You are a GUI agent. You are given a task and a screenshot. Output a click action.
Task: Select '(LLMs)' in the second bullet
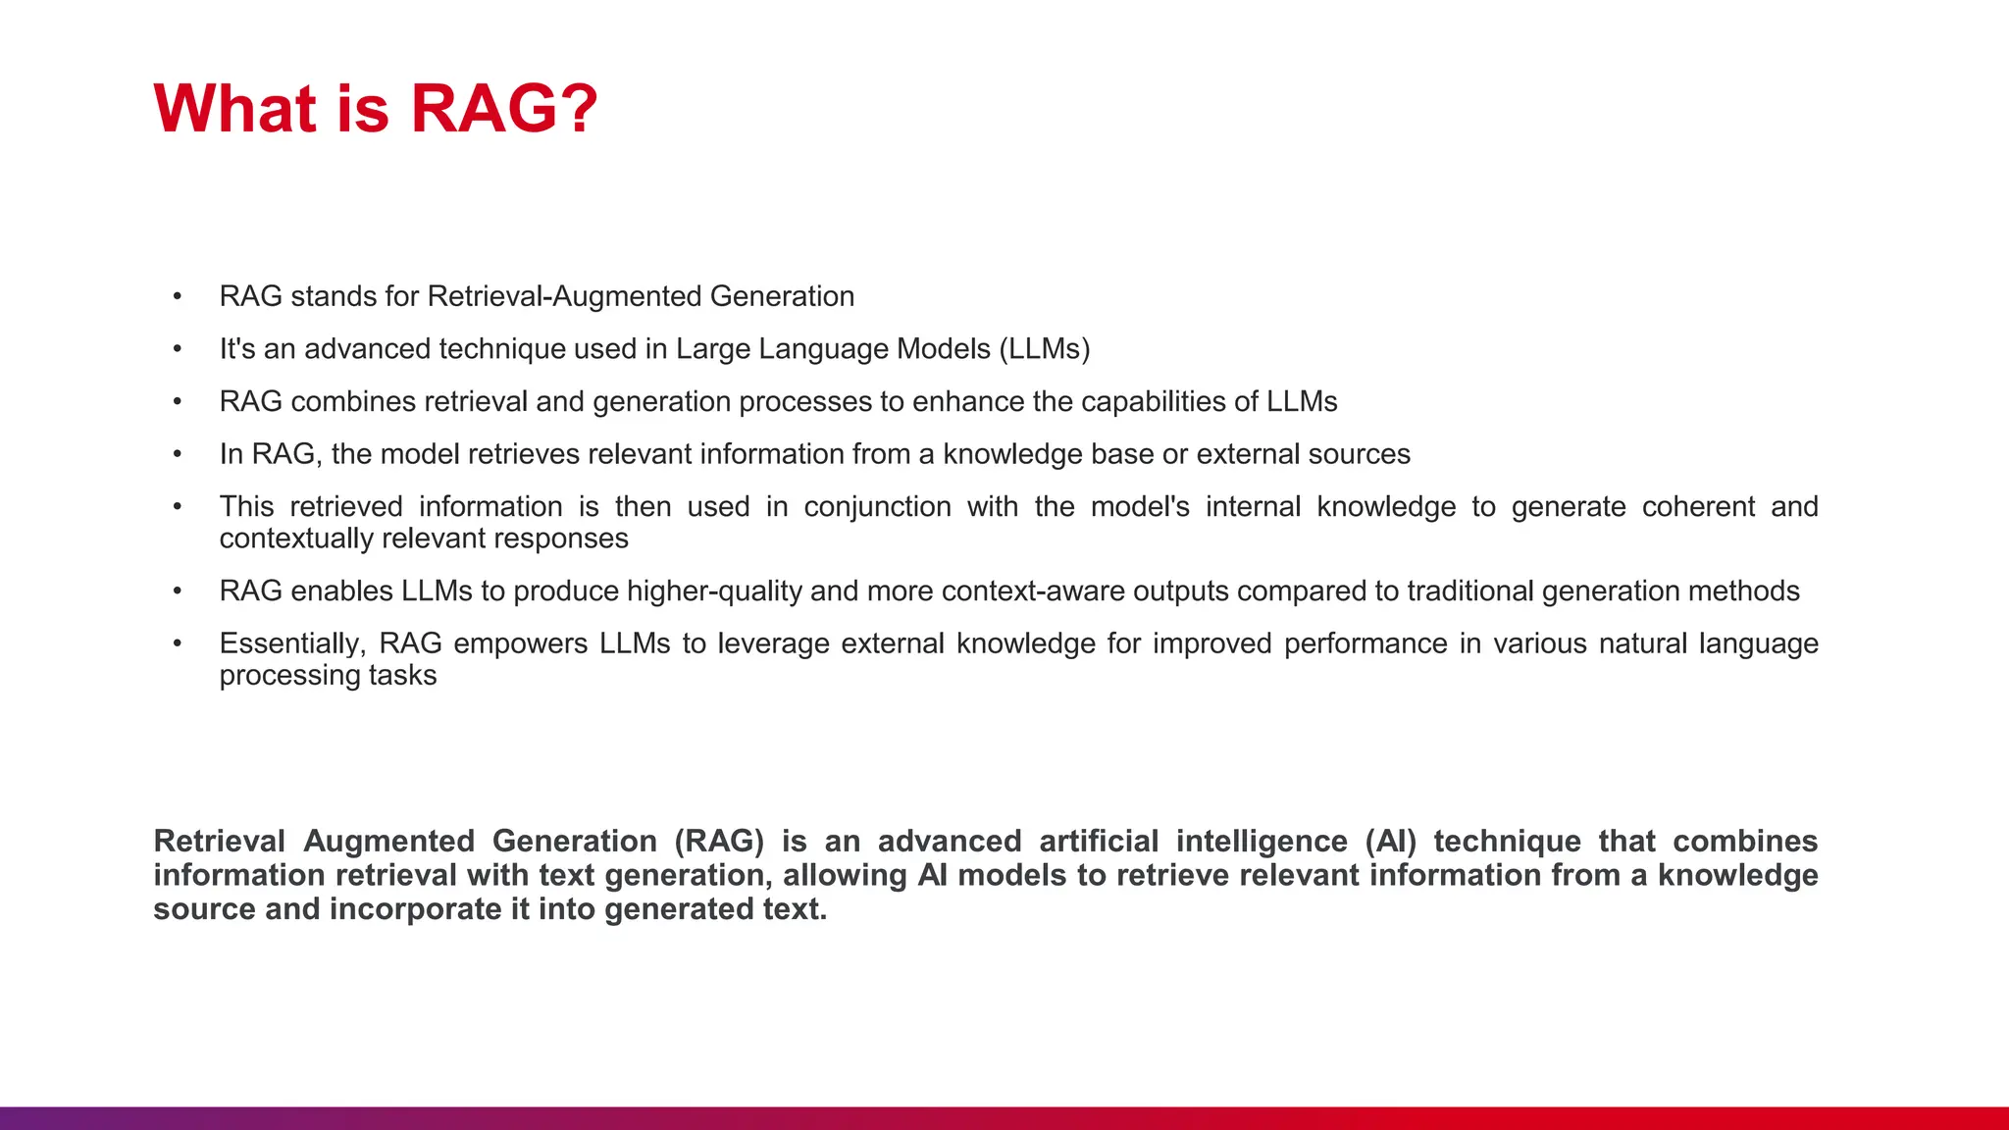click(1045, 349)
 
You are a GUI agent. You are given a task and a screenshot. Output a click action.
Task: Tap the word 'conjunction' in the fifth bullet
click(877, 507)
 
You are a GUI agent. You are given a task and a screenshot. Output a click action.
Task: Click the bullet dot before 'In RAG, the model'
click(178, 454)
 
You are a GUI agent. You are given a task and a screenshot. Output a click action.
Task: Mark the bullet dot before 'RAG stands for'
click(178, 296)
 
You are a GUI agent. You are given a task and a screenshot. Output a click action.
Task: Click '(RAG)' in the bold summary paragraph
click(719, 842)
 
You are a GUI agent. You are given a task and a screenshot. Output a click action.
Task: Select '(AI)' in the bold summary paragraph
click(1390, 842)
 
